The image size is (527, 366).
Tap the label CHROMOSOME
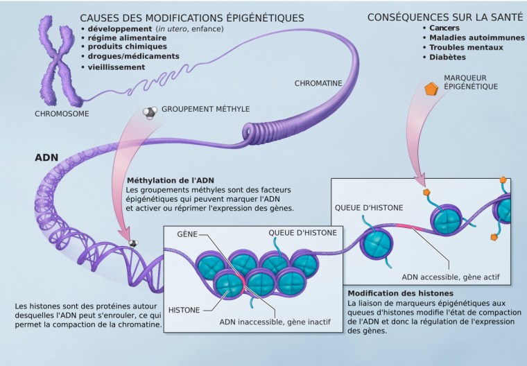pos(62,114)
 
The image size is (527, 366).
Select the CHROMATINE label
pos(318,83)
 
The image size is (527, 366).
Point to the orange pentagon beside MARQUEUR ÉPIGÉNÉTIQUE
pos(431,89)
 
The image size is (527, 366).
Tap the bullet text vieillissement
pos(116,67)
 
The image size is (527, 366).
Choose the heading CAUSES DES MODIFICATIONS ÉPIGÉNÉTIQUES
pos(192,17)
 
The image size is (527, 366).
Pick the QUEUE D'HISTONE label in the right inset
pos(368,207)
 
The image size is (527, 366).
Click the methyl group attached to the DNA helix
pos(133,243)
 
